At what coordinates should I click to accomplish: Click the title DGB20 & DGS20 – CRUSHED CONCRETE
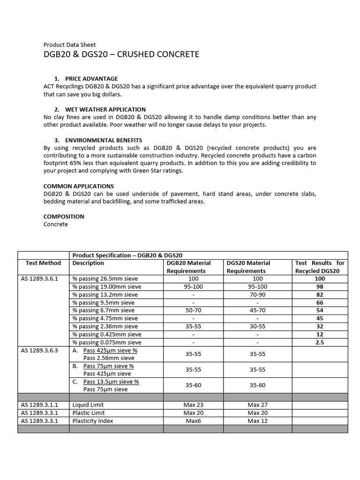tap(121, 54)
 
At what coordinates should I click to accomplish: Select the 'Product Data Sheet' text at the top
tap(69, 45)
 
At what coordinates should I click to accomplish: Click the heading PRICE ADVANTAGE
tap(91, 78)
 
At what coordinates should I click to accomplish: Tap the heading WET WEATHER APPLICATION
tap(105, 109)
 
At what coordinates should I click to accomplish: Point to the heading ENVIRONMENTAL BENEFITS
tap(104, 140)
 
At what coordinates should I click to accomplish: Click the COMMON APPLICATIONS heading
tap(78, 186)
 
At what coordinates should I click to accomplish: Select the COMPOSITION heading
tap(64, 217)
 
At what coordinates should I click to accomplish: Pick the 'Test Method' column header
tap(44, 263)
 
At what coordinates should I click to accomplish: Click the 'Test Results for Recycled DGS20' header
tap(320, 267)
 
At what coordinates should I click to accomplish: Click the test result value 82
tap(320, 294)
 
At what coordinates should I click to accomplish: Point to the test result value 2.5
tap(320, 342)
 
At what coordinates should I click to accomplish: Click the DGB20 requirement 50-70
tap(193, 310)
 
